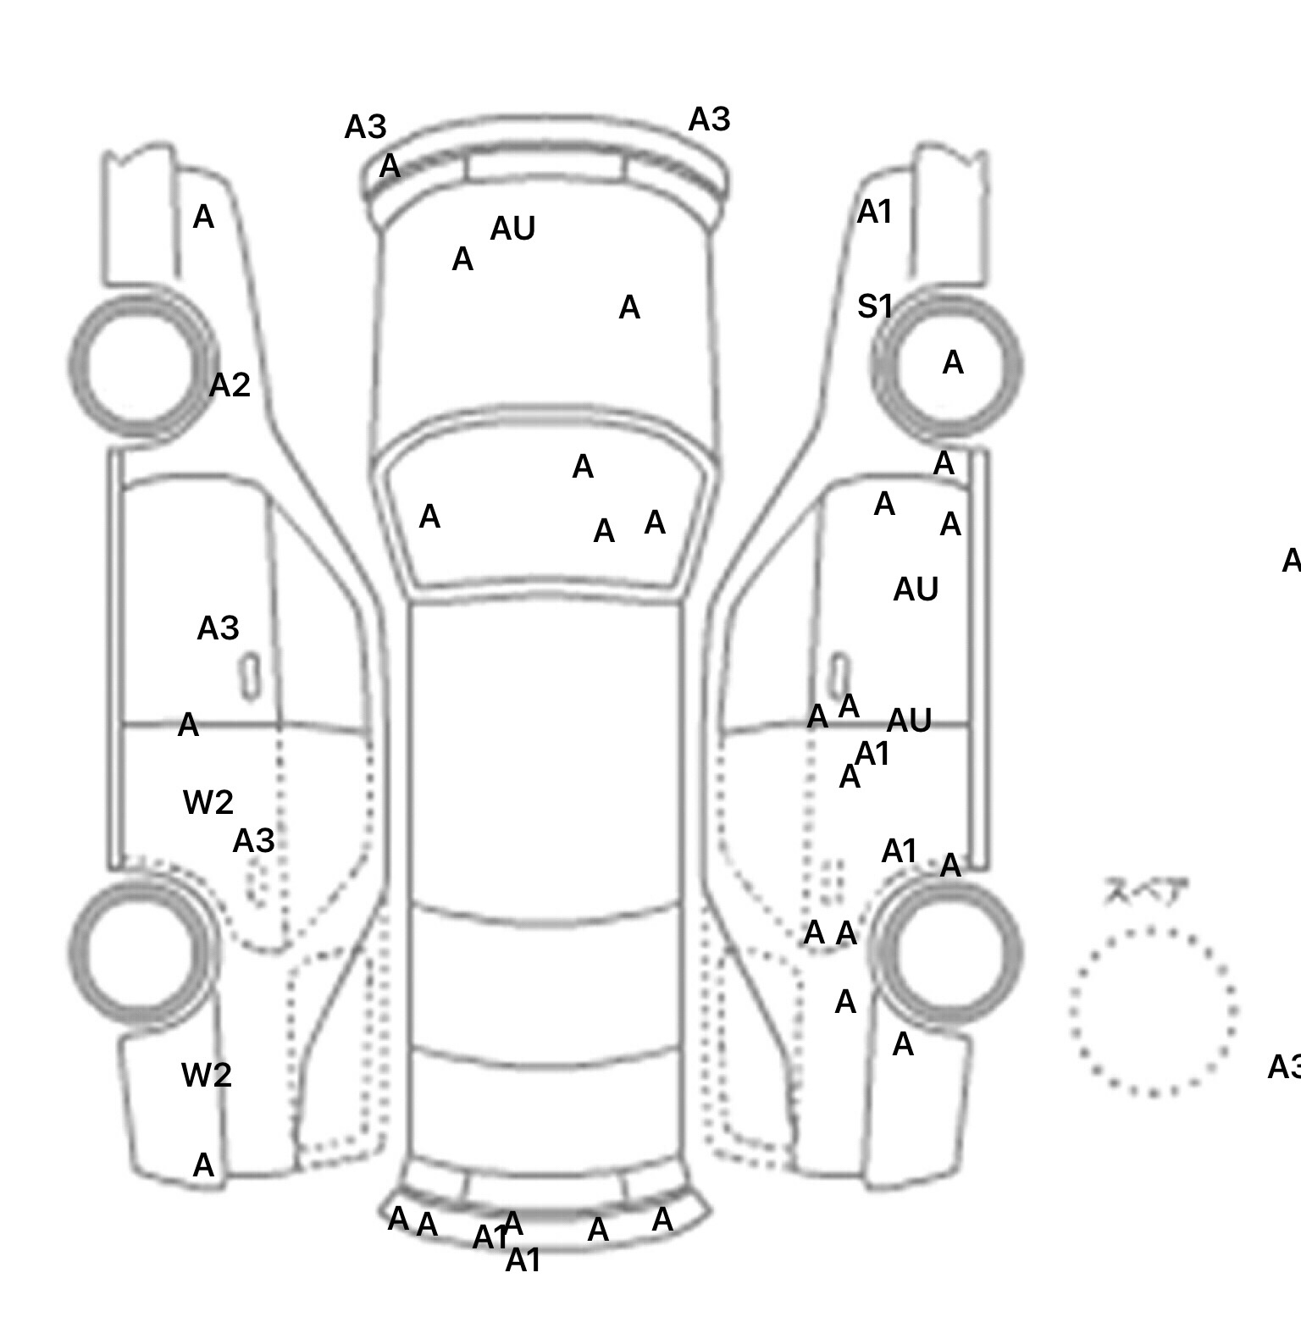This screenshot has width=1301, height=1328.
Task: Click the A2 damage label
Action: [230, 385]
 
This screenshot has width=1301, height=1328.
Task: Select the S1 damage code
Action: [874, 307]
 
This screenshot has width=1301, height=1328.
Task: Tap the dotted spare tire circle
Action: [1153, 1011]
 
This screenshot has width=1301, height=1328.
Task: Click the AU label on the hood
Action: [512, 229]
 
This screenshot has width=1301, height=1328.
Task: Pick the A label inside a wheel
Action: [953, 362]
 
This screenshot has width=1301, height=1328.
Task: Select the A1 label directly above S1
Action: [874, 213]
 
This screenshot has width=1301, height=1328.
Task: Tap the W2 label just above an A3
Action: [208, 802]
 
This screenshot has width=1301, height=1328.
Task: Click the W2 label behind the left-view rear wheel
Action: [206, 1076]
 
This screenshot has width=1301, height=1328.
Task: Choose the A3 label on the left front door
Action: [218, 628]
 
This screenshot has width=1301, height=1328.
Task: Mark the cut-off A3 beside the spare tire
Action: [1283, 1067]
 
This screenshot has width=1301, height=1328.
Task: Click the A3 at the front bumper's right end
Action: [709, 120]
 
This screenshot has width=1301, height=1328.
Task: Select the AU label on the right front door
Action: [916, 589]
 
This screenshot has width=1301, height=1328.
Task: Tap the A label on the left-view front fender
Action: [203, 218]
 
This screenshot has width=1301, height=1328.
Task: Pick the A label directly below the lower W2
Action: [203, 1166]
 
